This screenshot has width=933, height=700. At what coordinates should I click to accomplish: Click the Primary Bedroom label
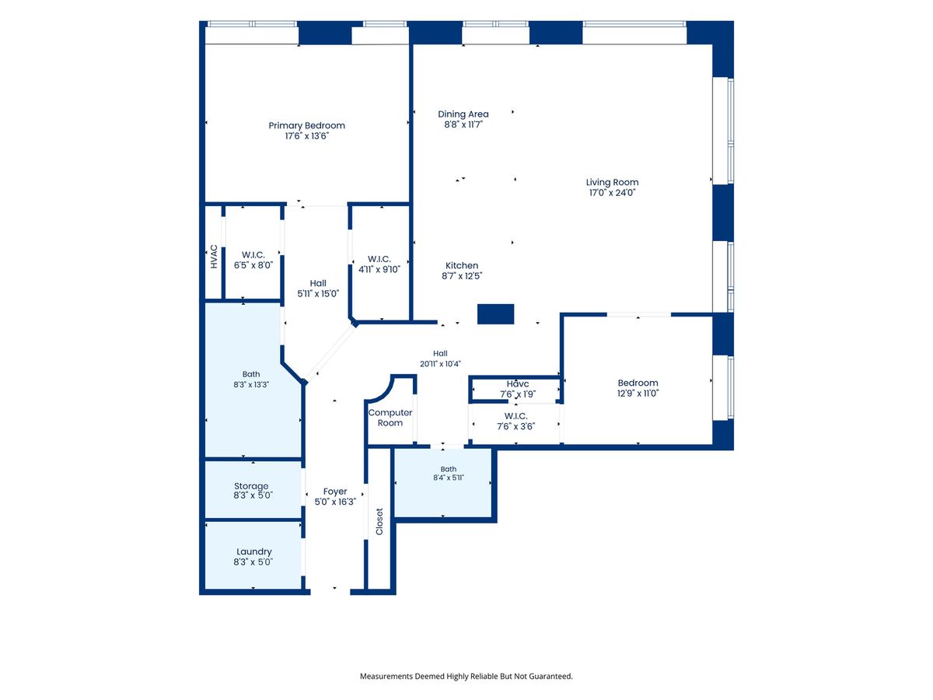coord(306,126)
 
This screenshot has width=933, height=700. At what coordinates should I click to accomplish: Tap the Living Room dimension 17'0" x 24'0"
coord(612,193)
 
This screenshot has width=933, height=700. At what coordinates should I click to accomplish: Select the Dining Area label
coord(463,114)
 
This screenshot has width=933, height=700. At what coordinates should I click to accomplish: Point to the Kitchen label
coord(462,266)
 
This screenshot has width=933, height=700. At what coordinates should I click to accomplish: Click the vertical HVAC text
coord(214,257)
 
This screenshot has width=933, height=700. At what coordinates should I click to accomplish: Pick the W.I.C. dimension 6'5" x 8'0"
coord(253,265)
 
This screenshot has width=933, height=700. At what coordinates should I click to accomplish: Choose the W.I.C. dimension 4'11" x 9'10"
coord(379,269)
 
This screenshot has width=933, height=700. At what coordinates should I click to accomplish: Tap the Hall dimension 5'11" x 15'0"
coord(318,294)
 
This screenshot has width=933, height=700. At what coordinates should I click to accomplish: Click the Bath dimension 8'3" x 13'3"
coord(251,385)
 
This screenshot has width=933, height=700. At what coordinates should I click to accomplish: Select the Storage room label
coord(251,486)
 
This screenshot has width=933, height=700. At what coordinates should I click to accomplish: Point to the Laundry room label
coord(253,551)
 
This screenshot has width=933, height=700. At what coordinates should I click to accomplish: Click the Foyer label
coord(335,492)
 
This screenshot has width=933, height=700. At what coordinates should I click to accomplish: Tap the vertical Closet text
coord(379,521)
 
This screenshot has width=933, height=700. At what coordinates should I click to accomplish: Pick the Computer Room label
coord(390,418)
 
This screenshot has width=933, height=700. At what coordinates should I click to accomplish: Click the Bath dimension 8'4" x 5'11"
coord(449,478)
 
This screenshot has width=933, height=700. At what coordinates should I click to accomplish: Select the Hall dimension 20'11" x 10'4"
coord(440,364)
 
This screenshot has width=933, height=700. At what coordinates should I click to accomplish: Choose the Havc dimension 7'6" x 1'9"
coord(518,394)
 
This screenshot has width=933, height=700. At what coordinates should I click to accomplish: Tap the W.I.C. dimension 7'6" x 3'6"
coord(516,426)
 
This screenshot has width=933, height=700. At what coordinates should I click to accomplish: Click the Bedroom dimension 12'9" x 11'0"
coord(638,394)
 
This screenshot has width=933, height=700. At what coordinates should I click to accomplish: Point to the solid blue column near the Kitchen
coord(495,314)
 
